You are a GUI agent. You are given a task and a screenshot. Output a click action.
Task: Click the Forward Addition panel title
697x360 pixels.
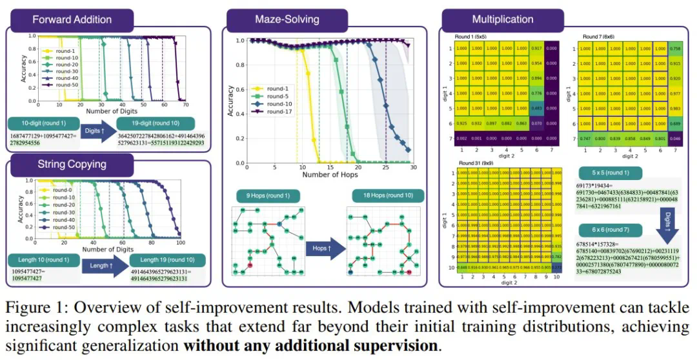[72, 19]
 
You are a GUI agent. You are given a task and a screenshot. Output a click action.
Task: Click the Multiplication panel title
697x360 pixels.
[503, 19]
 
